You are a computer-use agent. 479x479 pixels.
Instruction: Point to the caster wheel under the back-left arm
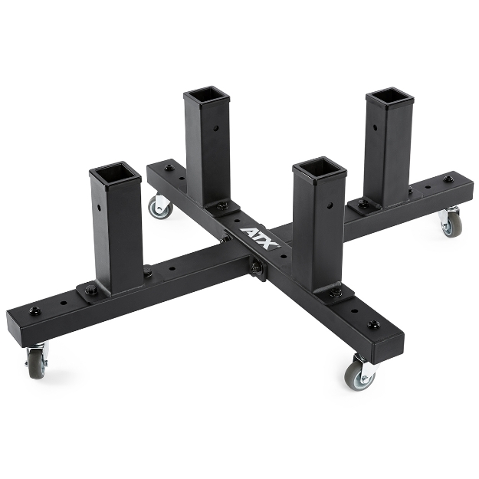click(x=160, y=206)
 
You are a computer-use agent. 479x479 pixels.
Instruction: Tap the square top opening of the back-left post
click(x=207, y=97)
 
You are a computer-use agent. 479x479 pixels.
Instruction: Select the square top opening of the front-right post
click(x=319, y=167)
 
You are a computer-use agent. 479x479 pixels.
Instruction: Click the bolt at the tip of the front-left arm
click(x=34, y=310)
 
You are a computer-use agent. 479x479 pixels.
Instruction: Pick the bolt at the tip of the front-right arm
click(x=373, y=324)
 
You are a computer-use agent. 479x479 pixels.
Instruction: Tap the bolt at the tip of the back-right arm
click(x=448, y=179)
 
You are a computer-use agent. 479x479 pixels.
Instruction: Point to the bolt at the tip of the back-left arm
click(x=169, y=167)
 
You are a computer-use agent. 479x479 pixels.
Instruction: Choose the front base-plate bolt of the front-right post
click(x=336, y=293)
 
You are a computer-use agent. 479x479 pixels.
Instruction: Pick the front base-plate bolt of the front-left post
click(x=91, y=290)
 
